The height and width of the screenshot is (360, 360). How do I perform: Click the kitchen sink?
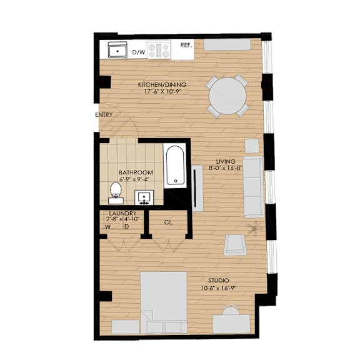tap(117, 50)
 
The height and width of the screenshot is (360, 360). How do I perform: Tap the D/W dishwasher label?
tap(139, 52)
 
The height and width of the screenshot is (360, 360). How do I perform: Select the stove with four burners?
tap(159, 50)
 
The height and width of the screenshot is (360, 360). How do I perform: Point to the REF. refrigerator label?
tap(186, 45)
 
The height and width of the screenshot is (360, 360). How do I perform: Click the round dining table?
tap(227, 96)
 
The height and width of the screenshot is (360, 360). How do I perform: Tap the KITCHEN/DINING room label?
tap(162, 85)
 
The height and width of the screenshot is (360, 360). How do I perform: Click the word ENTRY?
tap(104, 114)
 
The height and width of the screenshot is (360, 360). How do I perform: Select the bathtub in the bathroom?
tap(176, 165)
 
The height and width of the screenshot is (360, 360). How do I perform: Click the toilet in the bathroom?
tap(116, 193)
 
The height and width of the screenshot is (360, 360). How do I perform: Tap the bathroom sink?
tap(144, 197)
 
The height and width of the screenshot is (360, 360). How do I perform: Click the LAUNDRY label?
tap(122, 213)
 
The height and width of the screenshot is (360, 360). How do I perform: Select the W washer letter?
tap(107, 227)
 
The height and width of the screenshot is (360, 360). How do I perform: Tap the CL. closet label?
tap(169, 222)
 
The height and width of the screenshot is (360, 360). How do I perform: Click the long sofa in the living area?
tap(253, 187)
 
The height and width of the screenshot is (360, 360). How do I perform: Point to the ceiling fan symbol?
tap(254, 228)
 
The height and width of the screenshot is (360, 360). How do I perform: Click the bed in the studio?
tap(164, 302)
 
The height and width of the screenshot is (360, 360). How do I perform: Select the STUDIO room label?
tap(219, 281)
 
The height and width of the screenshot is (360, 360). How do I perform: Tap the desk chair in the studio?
tap(231, 310)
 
